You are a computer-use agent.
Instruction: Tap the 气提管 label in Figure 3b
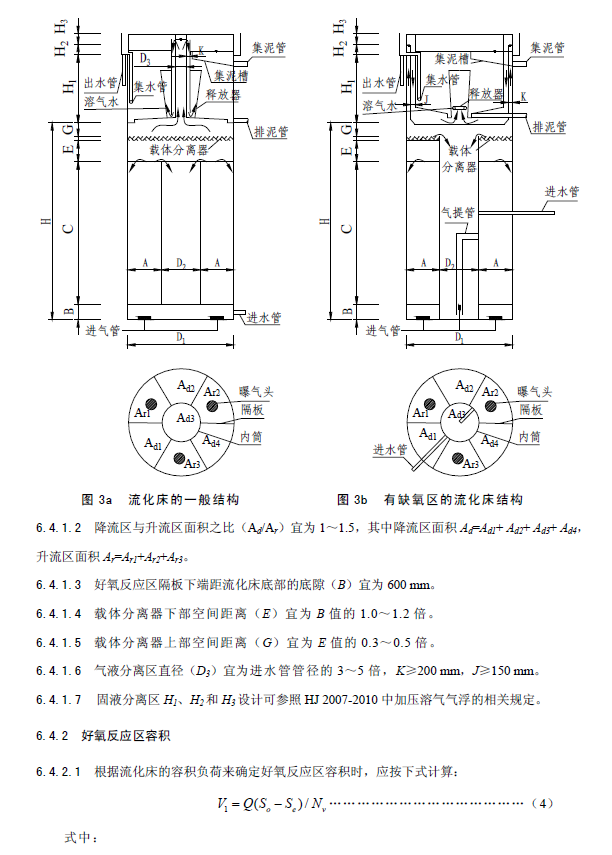click(458, 212)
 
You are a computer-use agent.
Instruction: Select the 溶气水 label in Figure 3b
click(379, 103)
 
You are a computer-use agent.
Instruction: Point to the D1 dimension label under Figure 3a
click(182, 340)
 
